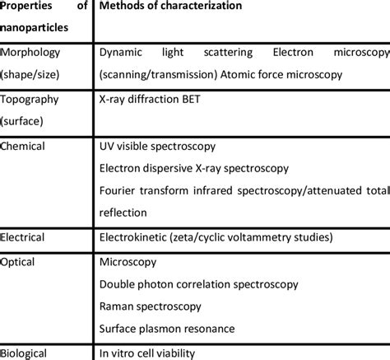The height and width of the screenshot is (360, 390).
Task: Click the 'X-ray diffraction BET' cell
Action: (x=150, y=99)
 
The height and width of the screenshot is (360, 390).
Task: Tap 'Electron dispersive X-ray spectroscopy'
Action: (x=193, y=169)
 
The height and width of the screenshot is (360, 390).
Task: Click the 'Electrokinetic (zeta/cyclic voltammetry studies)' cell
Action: (x=216, y=237)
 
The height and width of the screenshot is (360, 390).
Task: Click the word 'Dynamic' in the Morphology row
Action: (x=121, y=51)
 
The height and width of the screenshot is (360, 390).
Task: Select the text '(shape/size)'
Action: (x=30, y=73)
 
